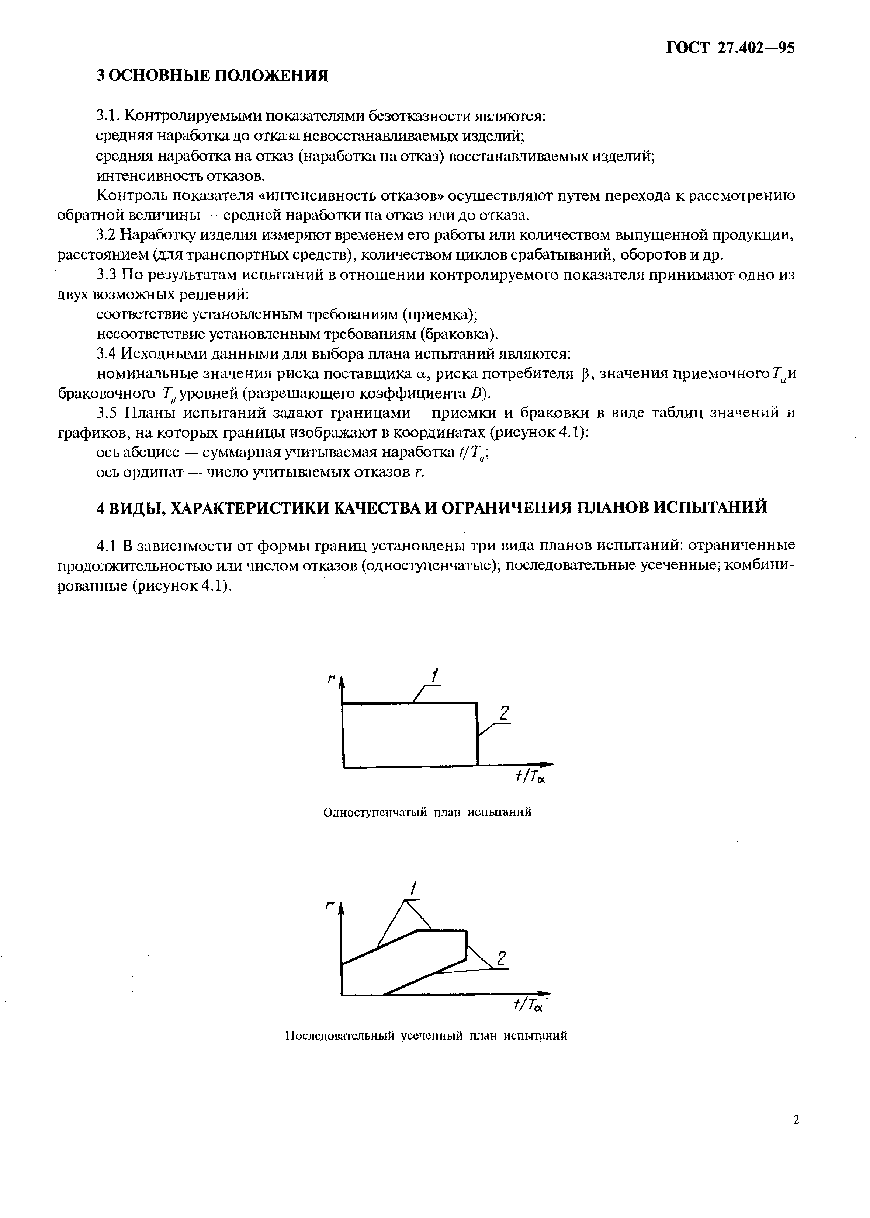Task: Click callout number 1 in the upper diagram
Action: pos(435,676)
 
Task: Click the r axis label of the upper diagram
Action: pos(332,680)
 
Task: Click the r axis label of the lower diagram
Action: pos(330,905)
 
